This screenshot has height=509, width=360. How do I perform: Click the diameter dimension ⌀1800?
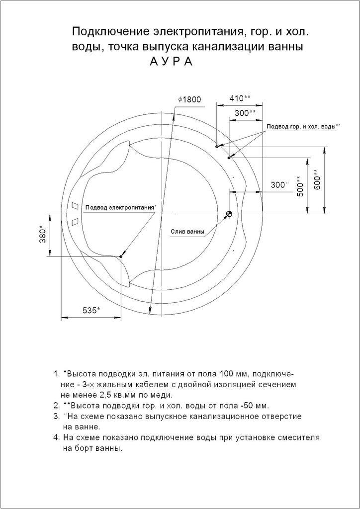click(189, 99)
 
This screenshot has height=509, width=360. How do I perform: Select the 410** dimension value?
click(240, 98)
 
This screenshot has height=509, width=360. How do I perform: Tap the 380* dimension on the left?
click(43, 234)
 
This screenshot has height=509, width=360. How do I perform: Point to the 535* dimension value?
click(91, 310)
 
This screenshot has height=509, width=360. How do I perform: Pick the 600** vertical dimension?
click(318, 179)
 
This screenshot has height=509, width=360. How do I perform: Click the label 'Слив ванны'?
click(188, 232)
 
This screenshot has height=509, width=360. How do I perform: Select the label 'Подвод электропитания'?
click(119, 207)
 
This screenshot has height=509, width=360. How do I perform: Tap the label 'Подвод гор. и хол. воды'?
click(301, 126)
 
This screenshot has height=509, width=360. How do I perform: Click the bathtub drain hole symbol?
click(229, 214)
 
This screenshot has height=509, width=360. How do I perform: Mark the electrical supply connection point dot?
click(120, 256)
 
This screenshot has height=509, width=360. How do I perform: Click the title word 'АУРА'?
click(171, 61)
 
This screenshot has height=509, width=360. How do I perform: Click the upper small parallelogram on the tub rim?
click(75, 206)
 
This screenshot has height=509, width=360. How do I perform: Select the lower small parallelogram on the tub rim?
click(75, 221)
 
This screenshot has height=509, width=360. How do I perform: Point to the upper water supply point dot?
click(217, 147)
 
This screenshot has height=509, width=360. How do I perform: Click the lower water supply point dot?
click(229, 158)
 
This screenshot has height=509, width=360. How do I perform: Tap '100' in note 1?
click(227, 374)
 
